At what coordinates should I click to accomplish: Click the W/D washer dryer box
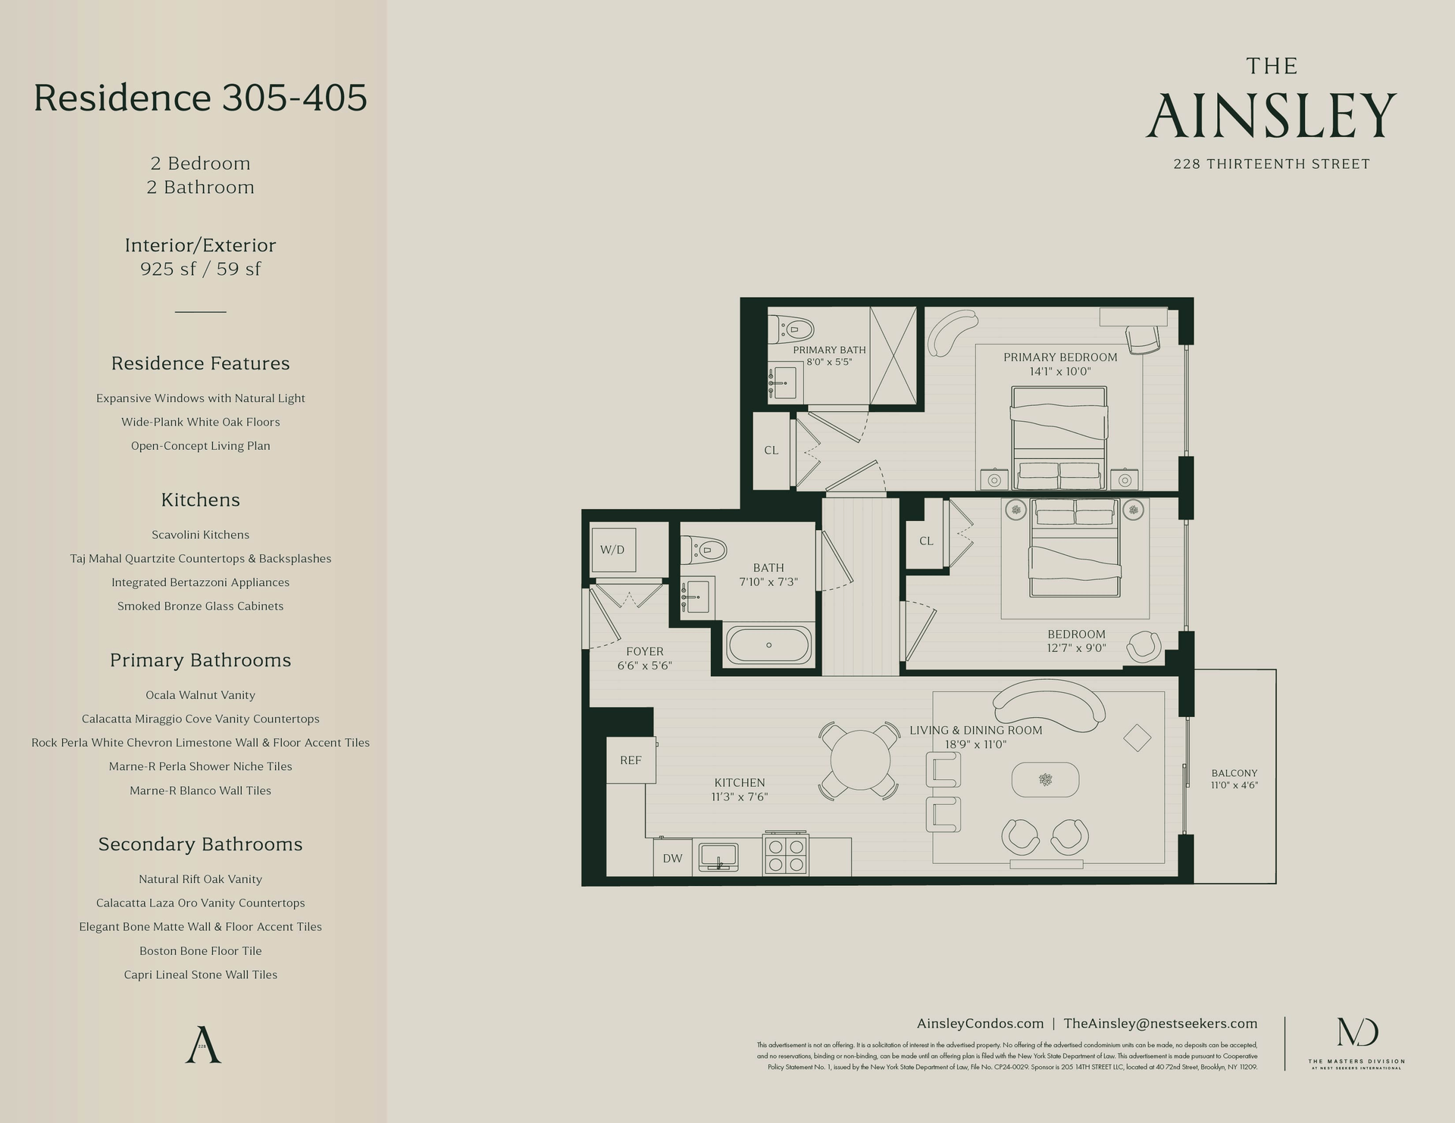point(613,550)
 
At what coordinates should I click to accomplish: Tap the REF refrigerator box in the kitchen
point(630,760)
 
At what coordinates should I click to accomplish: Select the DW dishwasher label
point(672,858)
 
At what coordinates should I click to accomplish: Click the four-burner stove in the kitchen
point(786,855)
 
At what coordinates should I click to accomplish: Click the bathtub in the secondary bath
point(768,645)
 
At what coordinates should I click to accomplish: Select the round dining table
point(859,760)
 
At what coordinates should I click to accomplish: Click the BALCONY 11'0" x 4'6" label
point(1234,779)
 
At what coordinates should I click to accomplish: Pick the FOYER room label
point(644,651)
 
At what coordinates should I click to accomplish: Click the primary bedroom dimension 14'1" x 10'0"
point(1059,372)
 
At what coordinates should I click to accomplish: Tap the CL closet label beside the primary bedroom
point(771,451)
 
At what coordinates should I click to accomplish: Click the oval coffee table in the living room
point(1045,779)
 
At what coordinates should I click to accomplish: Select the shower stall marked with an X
point(893,355)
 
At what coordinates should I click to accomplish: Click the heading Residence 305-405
point(200,98)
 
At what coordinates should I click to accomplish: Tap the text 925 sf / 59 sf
point(200,269)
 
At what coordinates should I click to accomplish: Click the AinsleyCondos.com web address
point(980,1023)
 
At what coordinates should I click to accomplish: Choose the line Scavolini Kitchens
point(200,535)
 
